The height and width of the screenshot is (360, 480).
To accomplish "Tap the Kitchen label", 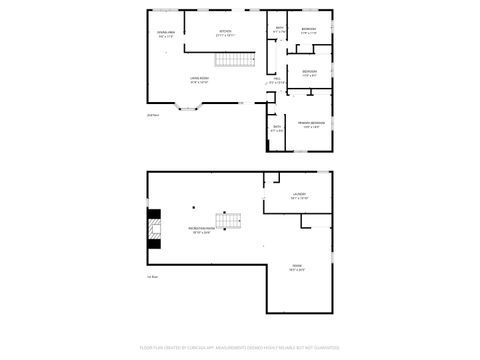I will point(226,32).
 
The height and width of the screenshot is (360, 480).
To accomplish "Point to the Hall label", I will point(278,78).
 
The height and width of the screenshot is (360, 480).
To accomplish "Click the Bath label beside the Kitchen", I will point(279,28).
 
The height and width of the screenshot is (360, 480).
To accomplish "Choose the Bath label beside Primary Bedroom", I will point(277,127).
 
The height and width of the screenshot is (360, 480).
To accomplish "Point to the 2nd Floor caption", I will point(153,117).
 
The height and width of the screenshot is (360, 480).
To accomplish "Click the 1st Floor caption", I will point(153,276).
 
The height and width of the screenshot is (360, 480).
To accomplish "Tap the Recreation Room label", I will point(200,229).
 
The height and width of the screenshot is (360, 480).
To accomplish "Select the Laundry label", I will point(299,194).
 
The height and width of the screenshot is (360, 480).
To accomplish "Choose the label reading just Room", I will point(297,264).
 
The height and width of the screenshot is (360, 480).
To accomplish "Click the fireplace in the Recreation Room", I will point(153,229).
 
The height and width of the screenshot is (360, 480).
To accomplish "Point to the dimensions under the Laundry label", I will point(299,199).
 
